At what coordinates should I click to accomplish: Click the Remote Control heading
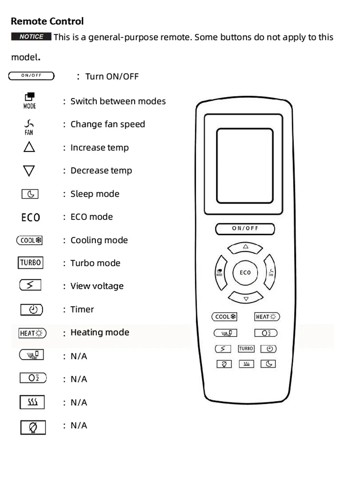pyautogui.click(x=47, y=21)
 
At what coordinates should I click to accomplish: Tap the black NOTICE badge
pyautogui.click(x=31, y=37)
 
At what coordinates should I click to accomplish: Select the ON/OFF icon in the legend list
pyautogui.click(x=31, y=76)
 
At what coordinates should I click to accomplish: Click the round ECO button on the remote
pyautogui.click(x=245, y=272)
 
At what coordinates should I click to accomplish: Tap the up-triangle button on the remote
pyautogui.click(x=245, y=248)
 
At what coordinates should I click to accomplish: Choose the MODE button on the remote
pyautogui.click(x=221, y=272)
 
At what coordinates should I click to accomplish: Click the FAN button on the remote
pyautogui.click(x=270, y=272)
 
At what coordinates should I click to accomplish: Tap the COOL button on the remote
pyautogui.click(x=224, y=317)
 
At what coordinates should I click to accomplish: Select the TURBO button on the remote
pyautogui.click(x=246, y=349)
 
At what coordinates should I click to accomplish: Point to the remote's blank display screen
pyautogui.click(x=245, y=166)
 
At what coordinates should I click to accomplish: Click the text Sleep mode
pyautogui.click(x=95, y=194)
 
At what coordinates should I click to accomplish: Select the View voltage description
pyautogui.click(x=97, y=286)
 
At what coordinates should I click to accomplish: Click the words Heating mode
pyautogui.click(x=100, y=333)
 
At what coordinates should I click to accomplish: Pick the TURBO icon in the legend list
pyautogui.click(x=30, y=262)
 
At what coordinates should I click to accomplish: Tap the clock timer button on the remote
pyautogui.click(x=269, y=349)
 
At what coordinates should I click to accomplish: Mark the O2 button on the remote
pyautogui.click(x=266, y=333)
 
